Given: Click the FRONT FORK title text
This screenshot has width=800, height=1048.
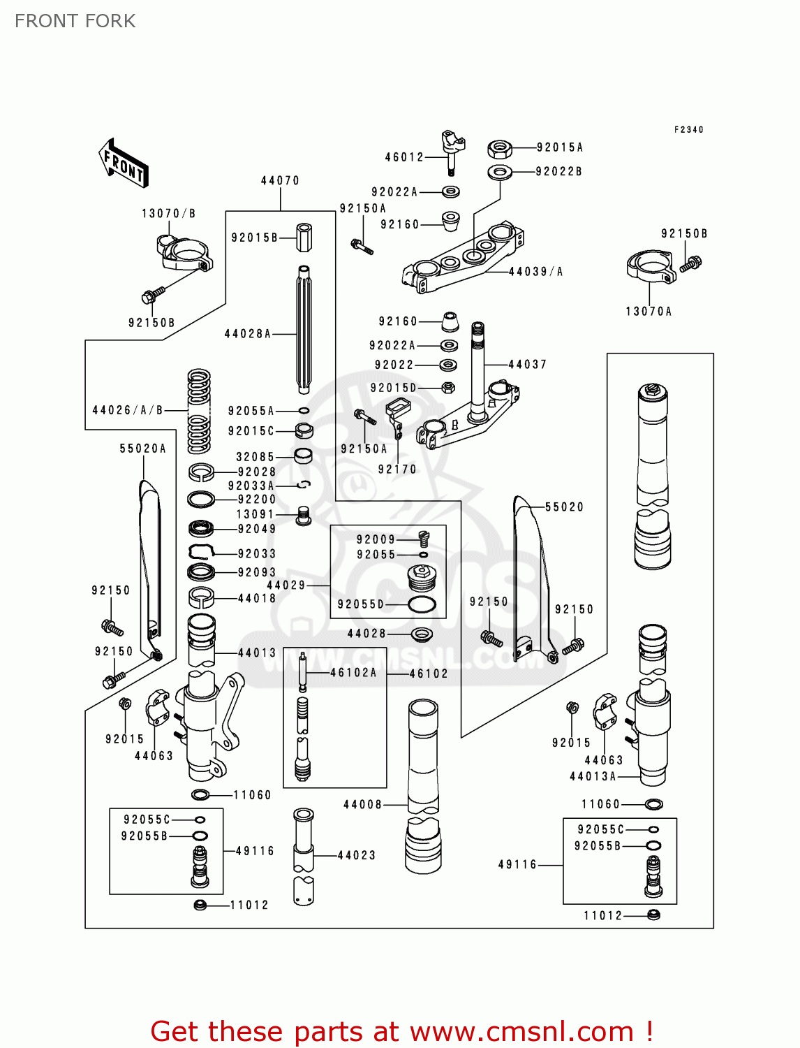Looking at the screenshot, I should pyautogui.click(x=75, y=21).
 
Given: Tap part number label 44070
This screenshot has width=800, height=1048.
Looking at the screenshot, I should pyautogui.click(x=280, y=180).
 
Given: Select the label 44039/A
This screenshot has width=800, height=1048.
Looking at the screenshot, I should pyautogui.click(x=535, y=272).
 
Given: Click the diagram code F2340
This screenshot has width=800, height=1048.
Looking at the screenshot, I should pyautogui.click(x=689, y=129).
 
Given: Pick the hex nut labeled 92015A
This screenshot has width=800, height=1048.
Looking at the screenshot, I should pyautogui.click(x=499, y=149).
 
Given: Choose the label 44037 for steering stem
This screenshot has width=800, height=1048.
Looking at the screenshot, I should pyautogui.click(x=527, y=364).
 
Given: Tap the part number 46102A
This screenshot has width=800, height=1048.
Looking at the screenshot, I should pyautogui.click(x=353, y=673).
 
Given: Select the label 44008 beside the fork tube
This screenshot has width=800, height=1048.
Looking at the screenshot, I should pyautogui.click(x=362, y=805).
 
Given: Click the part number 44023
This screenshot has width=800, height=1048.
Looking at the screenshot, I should pyautogui.click(x=357, y=855).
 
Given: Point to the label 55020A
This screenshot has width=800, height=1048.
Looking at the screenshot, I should pyautogui.click(x=143, y=449).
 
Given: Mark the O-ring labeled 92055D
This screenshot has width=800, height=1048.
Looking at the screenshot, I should pyautogui.click(x=422, y=604).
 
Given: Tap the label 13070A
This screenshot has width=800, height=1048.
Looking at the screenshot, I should pyautogui.click(x=649, y=312).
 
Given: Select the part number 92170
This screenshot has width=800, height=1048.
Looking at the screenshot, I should pyautogui.click(x=397, y=470).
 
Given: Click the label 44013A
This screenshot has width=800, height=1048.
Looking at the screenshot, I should pyautogui.click(x=593, y=776).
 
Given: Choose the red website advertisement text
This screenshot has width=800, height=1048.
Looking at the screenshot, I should pyautogui.click(x=401, y=1031).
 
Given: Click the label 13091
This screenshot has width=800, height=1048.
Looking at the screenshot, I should pyautogui.click(x=255, y=514).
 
